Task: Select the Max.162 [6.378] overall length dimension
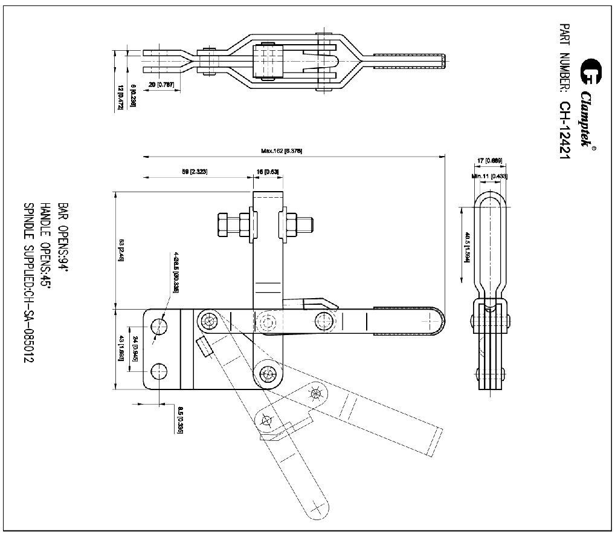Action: (x=282, y=151)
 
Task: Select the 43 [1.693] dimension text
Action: (x=121, y=348)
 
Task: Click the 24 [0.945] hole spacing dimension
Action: (x=135, y=348)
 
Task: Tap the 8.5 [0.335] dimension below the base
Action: (x=181, y=417)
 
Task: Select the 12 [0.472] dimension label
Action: (x=120, y=97)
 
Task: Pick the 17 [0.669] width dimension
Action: (x=489, y=160)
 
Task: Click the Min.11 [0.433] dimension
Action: (x=489, y=176)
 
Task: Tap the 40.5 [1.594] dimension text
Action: (x=466, y=246)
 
